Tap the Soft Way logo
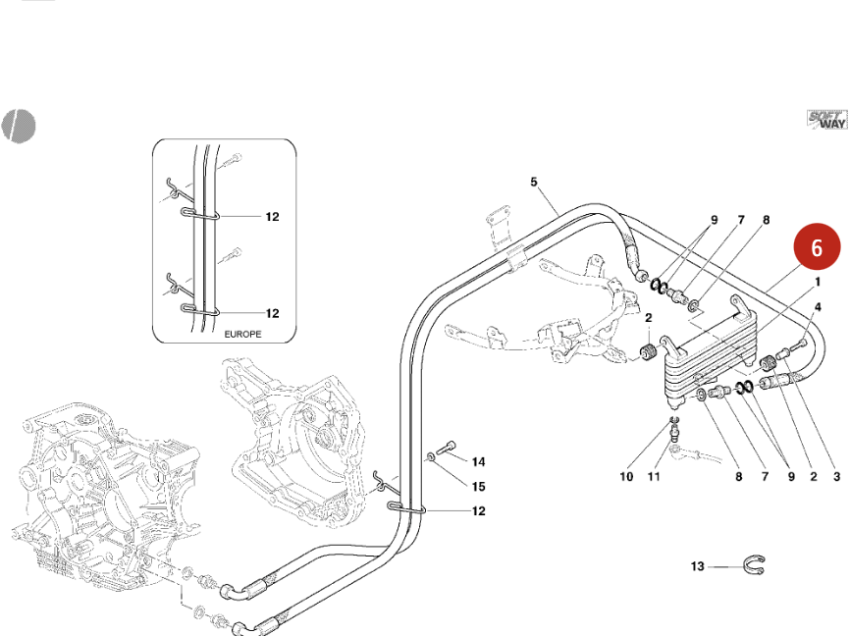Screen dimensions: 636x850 [826, 120]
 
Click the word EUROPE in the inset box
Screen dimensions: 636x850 [244, 334]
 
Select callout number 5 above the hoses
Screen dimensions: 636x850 [534, 182]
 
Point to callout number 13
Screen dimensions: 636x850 [698, 566]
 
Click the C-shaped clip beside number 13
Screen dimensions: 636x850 [757, 565]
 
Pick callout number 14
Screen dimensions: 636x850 [478, 461]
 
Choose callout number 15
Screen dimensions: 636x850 [478, 486]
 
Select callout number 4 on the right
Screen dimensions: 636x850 [817, 307]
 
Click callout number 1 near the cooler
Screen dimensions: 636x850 [817, 282]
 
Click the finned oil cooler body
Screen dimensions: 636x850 [706, 369]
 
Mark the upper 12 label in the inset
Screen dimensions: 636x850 [273, 216]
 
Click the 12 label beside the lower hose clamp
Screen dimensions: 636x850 [478, 510]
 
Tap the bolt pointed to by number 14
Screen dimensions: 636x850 [448, 448]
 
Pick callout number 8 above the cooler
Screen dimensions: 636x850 [765, 221]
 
